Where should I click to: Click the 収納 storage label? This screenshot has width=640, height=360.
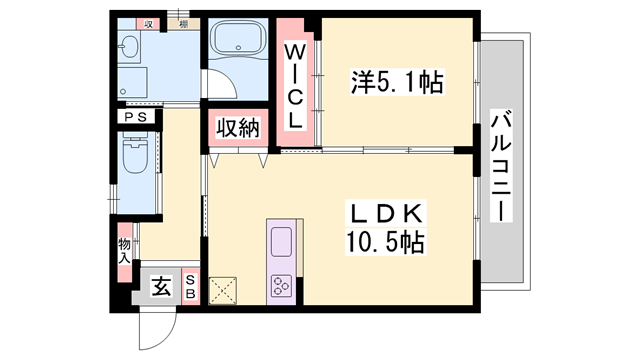coord(237,127)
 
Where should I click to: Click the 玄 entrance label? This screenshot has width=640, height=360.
coord(159,288)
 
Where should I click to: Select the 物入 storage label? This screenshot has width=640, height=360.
coord(124,250)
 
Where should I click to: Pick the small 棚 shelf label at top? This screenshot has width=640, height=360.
coord(184,24)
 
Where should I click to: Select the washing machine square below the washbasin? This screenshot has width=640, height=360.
coord(131,79)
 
